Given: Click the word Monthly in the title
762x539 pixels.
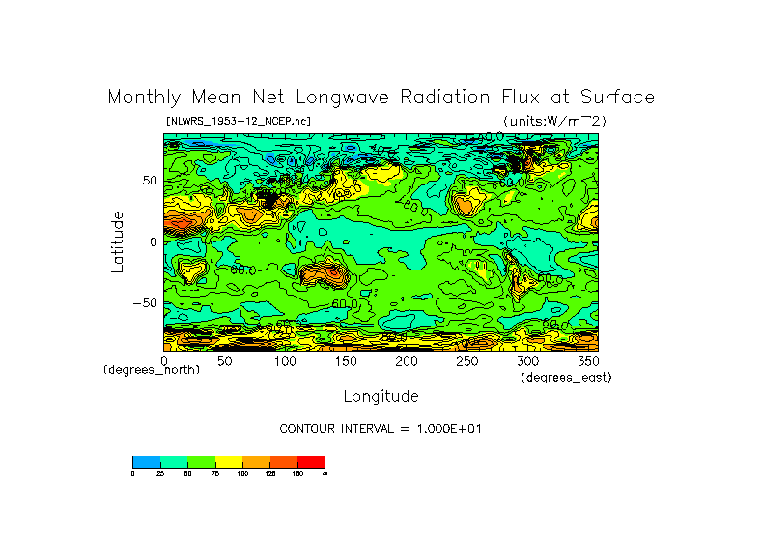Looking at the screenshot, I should (x=140, y=98).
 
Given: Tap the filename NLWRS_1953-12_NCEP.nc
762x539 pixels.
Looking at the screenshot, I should (x=239, y=121).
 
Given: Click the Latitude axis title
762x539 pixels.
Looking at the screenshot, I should (x=118, y=241).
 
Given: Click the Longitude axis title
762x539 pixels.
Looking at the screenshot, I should (x=381, y=396).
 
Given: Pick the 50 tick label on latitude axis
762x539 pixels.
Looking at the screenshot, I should (x=149, y=181).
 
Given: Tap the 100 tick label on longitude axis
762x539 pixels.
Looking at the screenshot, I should (x=285, y=361).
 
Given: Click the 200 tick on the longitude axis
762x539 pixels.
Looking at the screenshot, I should (x=406, y=361).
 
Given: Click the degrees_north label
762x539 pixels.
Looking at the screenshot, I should (x=152, y=370).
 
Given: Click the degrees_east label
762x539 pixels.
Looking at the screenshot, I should (x=565, y=377).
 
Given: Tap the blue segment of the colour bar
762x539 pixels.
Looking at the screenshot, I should (x=146, y=462).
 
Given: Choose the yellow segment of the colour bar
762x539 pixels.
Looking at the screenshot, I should (x=228, y=462).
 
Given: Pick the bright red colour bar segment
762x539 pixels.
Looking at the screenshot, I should (x=311, y=462).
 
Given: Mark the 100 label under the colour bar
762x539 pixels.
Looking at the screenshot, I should (x=241, y=474).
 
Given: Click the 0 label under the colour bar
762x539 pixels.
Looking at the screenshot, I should (x=133, y=474).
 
